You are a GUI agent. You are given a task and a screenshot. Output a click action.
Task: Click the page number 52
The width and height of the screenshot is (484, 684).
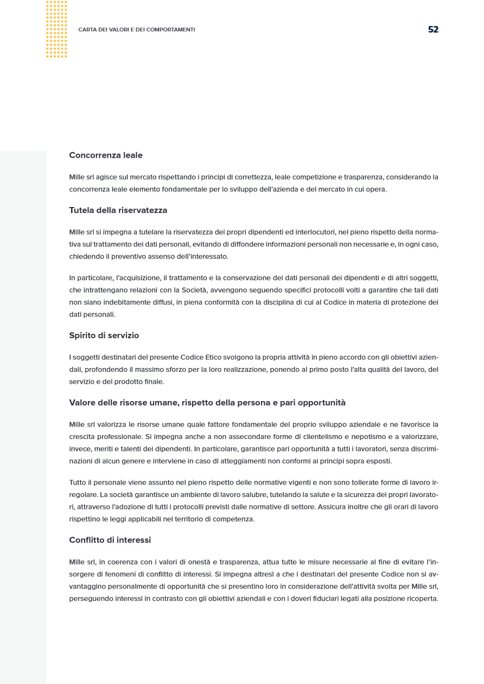[433, 29]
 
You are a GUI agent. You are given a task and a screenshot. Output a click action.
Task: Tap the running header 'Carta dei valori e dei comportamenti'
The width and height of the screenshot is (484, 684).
[137, 30]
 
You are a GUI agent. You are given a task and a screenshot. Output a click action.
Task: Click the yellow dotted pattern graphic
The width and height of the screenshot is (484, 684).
[56, 29]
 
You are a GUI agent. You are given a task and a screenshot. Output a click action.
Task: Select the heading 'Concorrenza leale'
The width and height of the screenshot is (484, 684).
[106, 155]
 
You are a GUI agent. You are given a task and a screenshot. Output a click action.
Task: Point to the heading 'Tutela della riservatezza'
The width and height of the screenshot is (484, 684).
[118, 210]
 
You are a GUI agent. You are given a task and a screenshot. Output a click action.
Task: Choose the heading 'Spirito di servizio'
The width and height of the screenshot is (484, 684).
[104, 335]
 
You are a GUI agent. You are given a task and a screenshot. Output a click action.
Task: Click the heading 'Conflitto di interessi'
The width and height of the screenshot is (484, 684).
[110, 540]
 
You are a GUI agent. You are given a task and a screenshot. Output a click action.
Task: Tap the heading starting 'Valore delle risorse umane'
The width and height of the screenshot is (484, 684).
[207, 403]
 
